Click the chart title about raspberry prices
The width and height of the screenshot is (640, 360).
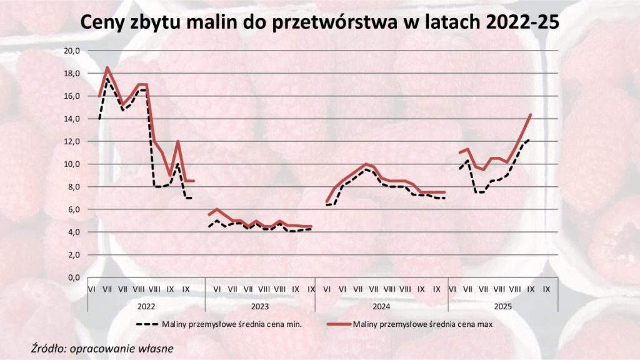pyautogui.click(x=319, y=23)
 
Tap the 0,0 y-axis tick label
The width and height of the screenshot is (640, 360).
pyautogui.click(x=76, y=277)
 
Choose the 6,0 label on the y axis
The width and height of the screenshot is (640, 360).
pyautogui.click(x=76, y=209)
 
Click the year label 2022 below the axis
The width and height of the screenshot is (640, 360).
pyautogui.click(x=146, y=306)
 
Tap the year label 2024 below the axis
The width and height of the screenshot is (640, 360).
pyautogui.click(x=381, y=306)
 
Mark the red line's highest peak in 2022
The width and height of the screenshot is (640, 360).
pyautogui.click(x=107, y=67)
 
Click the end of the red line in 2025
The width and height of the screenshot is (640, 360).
pyautogui.click(x=531, y=114)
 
